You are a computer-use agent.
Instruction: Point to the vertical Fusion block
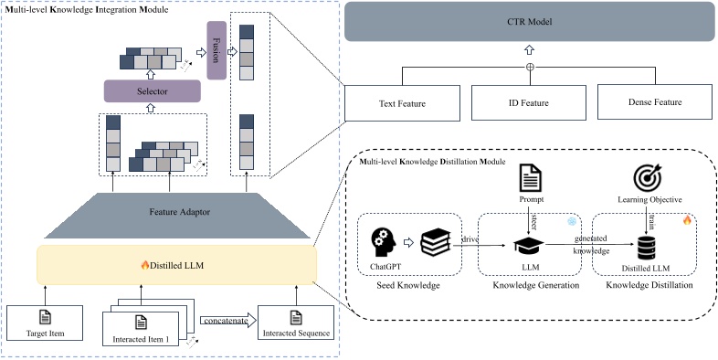[x=216, y=48]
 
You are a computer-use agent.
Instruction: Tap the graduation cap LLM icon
[x=524, y=243]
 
